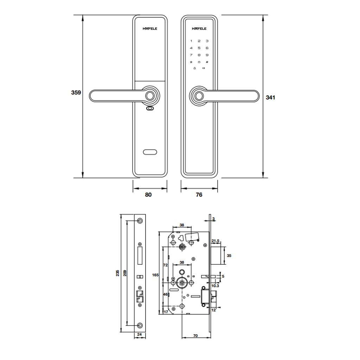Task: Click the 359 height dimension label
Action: [76, 92]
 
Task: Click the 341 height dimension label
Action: [270, 98]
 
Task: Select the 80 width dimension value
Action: [148, 195]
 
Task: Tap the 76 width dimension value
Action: [199, 195]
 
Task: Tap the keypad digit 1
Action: [191, 41]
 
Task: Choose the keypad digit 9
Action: [207, 55]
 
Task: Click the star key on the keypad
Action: [191, 62]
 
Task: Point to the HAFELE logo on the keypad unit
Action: [199, 28]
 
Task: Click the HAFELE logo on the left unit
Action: [150, 28]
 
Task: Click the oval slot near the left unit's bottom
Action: [150, 152]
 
